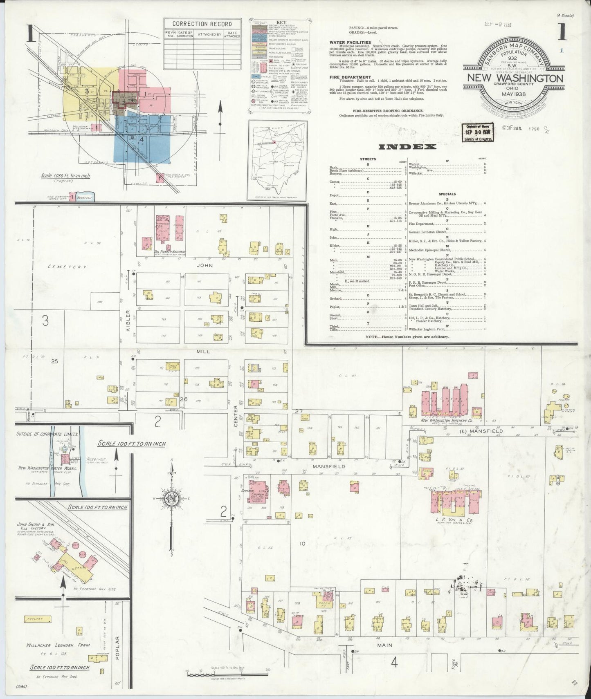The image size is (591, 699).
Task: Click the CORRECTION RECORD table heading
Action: tap(202, 24)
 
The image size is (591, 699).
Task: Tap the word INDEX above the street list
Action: tap(407, 147)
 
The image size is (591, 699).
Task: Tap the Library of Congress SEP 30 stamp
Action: tap(477, 132)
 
